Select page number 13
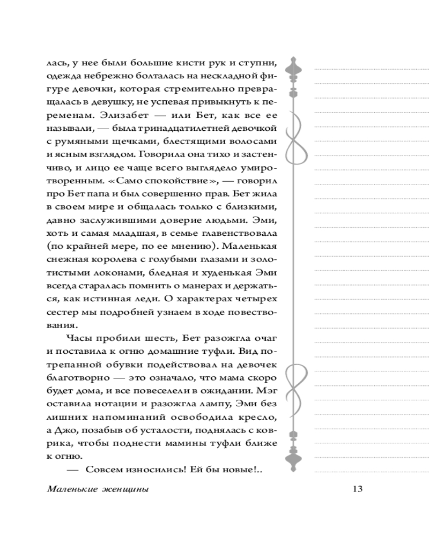tap(358, 489)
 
